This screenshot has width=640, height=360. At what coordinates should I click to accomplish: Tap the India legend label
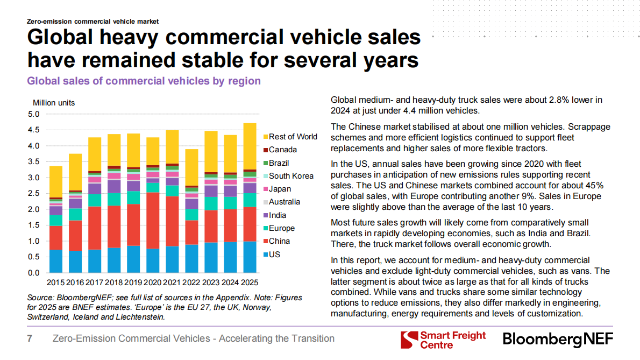pos(277,215)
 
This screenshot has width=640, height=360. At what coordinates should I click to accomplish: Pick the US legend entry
pos(274,255)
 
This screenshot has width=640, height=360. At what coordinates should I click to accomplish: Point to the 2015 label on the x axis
pos(55,283)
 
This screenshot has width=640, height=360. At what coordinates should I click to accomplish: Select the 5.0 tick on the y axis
pos(34,114)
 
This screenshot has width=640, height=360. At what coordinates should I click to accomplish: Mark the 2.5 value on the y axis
pos(34,193)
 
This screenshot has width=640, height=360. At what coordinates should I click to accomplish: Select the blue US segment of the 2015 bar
pos(55,261)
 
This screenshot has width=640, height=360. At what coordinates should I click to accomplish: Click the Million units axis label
pos(54,103)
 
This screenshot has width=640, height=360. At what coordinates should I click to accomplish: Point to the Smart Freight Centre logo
pos(444,340)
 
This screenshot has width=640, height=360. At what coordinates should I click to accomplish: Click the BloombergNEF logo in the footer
pos(558,340)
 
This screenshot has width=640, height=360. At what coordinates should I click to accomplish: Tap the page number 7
pos(30,338)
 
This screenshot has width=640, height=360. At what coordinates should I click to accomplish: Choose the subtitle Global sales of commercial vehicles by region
pos(144,81)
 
